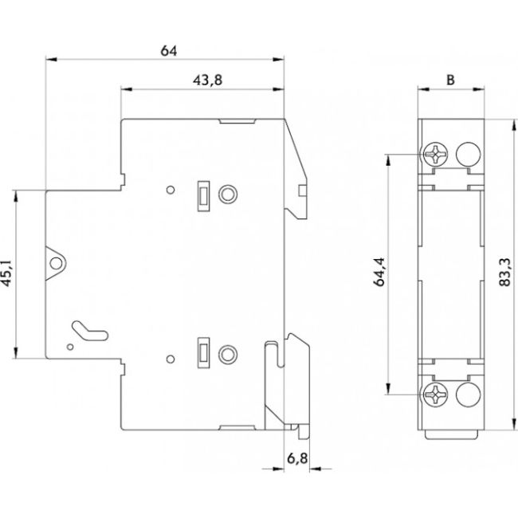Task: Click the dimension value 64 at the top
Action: (168, 51)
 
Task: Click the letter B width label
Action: (450, 80)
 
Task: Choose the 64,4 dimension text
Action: (378, 273)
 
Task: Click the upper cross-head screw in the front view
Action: (437, 151)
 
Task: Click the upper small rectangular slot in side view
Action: (203, 194)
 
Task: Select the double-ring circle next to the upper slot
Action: (228, 194)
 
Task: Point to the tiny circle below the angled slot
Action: (71, 347)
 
